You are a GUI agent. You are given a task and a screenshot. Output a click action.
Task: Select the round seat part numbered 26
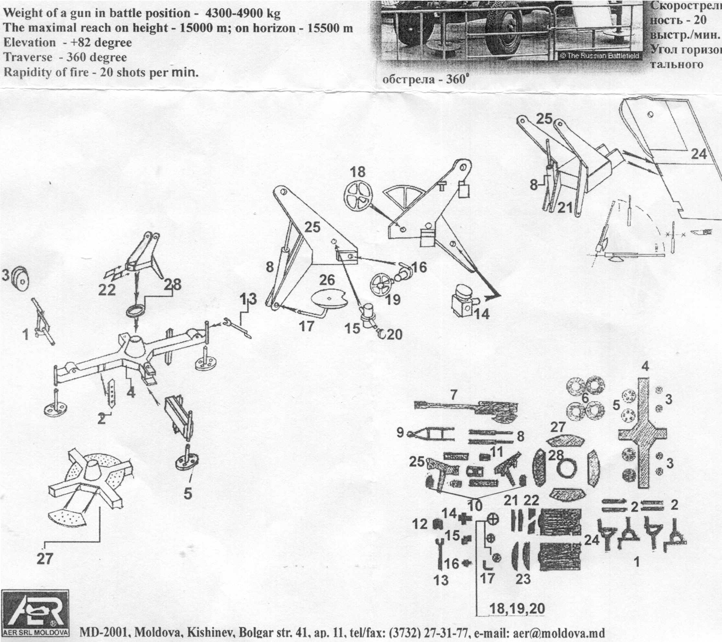[x=329, y=300]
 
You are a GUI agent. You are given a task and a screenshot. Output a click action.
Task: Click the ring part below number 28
[x=135, y=312]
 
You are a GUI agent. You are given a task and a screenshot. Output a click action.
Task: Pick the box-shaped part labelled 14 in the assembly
[x=463, y=305]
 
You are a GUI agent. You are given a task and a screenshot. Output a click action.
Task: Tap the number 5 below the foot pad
[x=188, y=493]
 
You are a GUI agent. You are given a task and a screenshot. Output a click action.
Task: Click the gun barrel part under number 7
[x=466, y=408]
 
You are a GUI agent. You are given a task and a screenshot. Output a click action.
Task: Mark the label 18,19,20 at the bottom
[x=517, y=608]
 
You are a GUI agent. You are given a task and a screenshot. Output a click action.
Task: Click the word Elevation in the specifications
[x=30, y=43]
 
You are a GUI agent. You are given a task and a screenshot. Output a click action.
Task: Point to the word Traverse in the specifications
[x=28, y=58]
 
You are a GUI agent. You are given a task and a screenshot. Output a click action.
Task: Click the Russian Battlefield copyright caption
[x=600, y=56]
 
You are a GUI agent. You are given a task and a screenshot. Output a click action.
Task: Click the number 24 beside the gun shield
[x=699, y=154]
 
